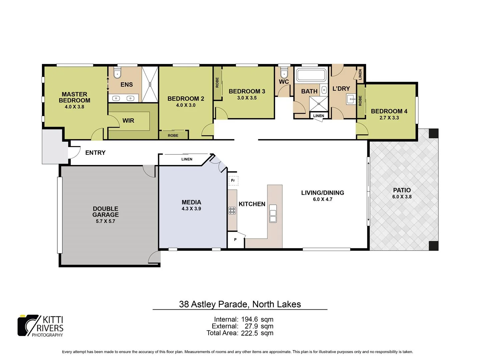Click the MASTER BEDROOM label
(x=74, y=97)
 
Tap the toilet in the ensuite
(x=117, y=73)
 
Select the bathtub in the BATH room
(x=311, y=75)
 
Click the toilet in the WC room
(x=284, y=73)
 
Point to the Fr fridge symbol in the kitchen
(x=233, y=181)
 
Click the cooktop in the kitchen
(x=232, y=210)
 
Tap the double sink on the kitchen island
(x=273, y=213)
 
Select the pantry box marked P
(x=235, y=240)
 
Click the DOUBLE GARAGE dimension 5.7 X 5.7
(x=105, y=221)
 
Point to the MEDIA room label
(x=191, y=202)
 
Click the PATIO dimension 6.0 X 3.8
(x=402, y=197)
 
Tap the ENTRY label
(x=95, y=153)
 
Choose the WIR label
(x=128, y=121)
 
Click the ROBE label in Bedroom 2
(x=173, y=135)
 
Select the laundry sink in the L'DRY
(x=351, y=99)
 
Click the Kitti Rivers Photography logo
(x=40, y=326)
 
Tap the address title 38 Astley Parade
(x=240, y=304)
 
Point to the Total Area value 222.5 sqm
(x=257, y=333)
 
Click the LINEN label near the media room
(x=187, y=159)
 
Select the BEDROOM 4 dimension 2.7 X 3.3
(x=389, y=118)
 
